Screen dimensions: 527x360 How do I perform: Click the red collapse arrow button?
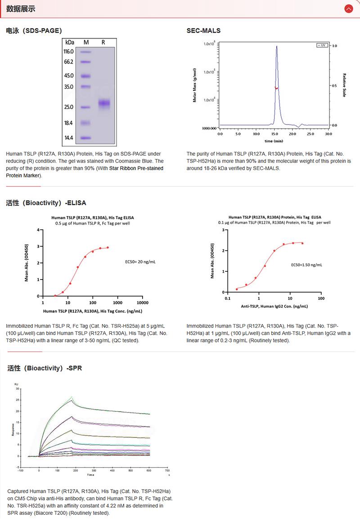[x=348, y=9]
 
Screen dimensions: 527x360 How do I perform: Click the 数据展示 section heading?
[x=21, y=9]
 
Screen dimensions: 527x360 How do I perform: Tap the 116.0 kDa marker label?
[x=68, y=52]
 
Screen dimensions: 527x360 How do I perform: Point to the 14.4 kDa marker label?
[x=68, y=138]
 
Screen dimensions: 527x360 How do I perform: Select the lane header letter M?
[x=86, y=42]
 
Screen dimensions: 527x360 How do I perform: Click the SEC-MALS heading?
[x=203, y=31]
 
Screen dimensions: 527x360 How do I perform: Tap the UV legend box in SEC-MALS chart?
[x=322, y=45]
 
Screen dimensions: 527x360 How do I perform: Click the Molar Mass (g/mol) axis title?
[x=194, y=86]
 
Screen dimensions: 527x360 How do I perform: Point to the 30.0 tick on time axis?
[x=328, y=134]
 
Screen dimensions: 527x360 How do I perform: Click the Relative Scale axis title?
[x=344, y=86]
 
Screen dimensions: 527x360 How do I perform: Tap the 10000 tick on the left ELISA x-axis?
[x=143, y=303]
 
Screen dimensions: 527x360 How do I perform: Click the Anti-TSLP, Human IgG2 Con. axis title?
[x=274, y=306]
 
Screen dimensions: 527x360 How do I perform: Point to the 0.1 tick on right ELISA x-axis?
[x=227, y=298]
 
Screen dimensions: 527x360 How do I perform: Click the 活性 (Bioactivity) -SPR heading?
[x=45, y=368]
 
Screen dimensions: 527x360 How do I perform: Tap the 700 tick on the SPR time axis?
[x=166, y=470]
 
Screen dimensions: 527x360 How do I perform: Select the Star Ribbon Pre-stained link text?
[x=136, y=168]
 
